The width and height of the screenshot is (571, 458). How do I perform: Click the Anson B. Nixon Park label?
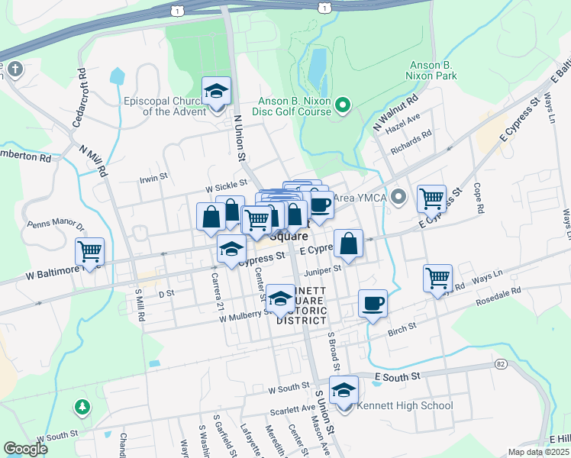pyautogui.click(x=444, y=71)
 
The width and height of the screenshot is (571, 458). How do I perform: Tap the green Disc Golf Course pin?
pyautogui.click(x=343, y=104)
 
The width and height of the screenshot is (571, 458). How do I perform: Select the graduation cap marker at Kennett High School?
pyautogui.click(x=344, y=390)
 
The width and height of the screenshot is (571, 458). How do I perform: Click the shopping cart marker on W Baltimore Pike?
pyautogui.click(x=89, y=251)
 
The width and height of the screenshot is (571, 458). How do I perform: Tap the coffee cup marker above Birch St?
pyautogui.click(x=373, y=304)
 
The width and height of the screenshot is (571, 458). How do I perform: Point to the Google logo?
pyautogui.click(x=25, y=449)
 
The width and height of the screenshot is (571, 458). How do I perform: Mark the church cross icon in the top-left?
pyautogui.click(x=15, y=70)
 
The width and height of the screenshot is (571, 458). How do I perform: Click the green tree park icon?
pyautogui.click(x=80, y=407)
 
